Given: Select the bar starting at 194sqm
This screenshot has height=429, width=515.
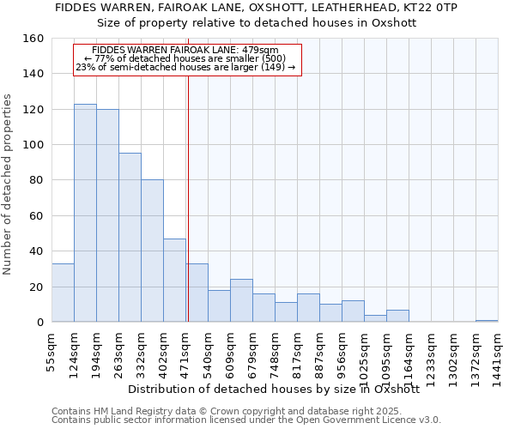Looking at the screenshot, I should tap(107, 215).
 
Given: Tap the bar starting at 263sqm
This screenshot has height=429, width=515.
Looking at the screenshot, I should tap(130, 238).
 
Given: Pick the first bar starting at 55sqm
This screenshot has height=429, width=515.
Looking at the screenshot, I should tap(63, 293).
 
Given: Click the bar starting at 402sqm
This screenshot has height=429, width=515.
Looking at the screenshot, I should tap(174, 281).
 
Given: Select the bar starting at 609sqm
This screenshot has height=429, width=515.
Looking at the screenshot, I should tap(241, 300).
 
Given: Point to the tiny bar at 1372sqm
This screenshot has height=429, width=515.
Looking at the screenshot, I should tap(487, 321).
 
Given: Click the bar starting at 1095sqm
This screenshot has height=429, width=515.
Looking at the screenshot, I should tap(397, 316).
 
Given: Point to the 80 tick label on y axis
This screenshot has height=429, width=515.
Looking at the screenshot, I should tap(35, 181).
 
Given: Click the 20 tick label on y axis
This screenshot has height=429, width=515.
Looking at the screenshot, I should tap(35, 287).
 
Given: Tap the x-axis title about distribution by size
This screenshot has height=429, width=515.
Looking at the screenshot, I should tap(279, 389).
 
